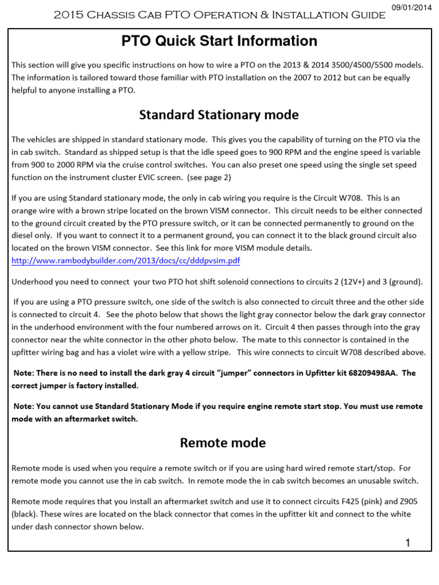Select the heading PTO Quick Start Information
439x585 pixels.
[219, 41]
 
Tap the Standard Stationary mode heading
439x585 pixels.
[219, 115]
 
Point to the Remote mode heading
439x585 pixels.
[222, 443]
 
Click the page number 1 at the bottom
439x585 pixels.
[408, 543]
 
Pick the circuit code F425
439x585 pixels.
[350, 502]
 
